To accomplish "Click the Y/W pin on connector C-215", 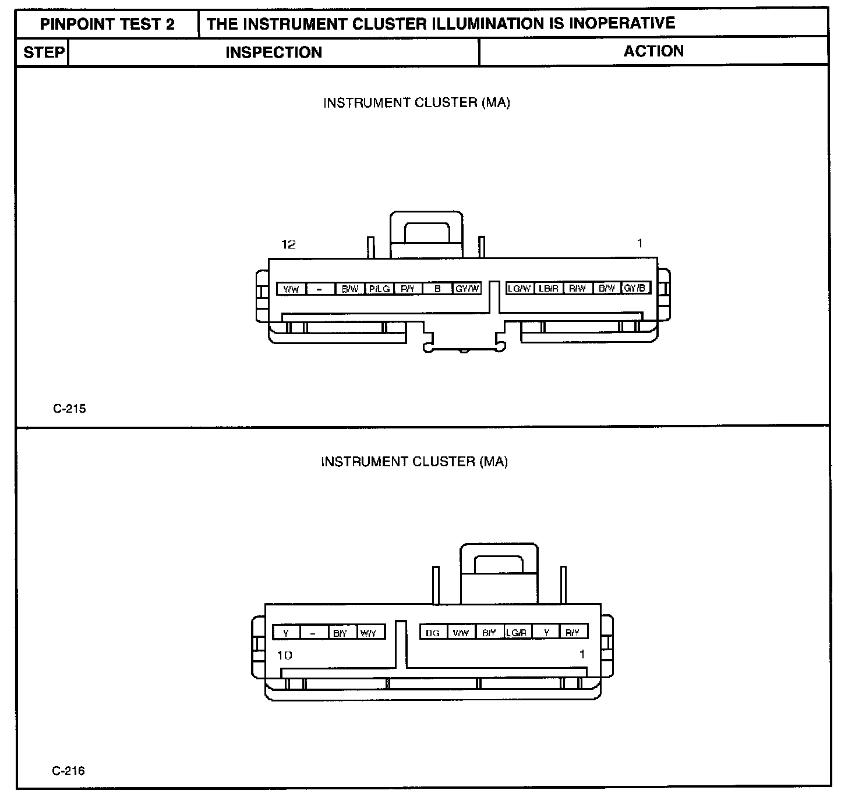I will (291, 289).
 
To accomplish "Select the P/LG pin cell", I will (379, 289).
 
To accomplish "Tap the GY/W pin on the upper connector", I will (467, 289).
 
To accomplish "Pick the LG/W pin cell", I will (519, 288).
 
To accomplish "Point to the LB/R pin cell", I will (548, 288).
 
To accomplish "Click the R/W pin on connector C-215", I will (578, 288).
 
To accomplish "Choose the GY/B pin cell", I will (635, 288).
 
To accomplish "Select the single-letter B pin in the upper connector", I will (437, 289).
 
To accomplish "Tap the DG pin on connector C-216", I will (433, 633).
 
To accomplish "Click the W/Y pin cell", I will (369, 633).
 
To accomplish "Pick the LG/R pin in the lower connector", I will (517, 633).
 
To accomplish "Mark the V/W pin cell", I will (461, 633).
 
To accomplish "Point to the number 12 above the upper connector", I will (288, 244).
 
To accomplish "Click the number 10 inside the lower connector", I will (284, 655).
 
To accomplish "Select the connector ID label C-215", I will (69, 409).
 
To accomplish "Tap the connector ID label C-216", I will (68, 771).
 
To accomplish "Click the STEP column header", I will (44, 52).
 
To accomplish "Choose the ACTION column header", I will (653, 51).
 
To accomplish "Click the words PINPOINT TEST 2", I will (107, 24).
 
